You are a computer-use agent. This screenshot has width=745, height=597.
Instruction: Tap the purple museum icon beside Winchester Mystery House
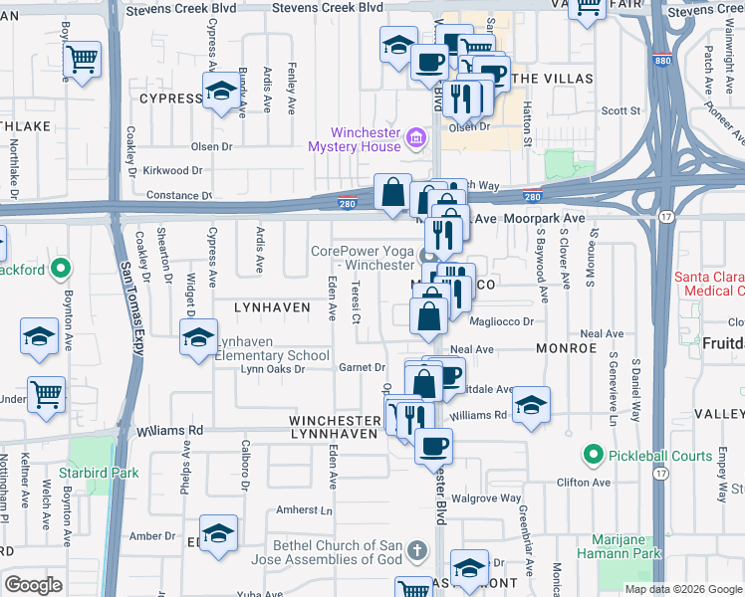pos(417,136)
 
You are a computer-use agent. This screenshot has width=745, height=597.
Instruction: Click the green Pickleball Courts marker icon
pos(594,456)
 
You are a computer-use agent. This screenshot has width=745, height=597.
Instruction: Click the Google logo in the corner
pos(33,585)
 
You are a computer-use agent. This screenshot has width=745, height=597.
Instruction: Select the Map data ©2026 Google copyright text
pos(683,588)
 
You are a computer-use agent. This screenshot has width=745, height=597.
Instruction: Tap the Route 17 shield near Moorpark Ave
pos(664,215)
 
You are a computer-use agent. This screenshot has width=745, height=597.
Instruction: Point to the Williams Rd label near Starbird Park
pos(170,431)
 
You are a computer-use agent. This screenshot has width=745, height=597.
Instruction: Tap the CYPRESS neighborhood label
pos(170,99)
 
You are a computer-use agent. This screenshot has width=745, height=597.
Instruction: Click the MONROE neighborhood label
pos(565,349)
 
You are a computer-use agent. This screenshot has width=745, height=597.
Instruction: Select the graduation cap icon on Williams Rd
pos(532,405)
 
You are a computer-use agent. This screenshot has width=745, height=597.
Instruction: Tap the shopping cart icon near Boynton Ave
pos(46,396)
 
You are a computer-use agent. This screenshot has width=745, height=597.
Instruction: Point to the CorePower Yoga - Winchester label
pos(363,258)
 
